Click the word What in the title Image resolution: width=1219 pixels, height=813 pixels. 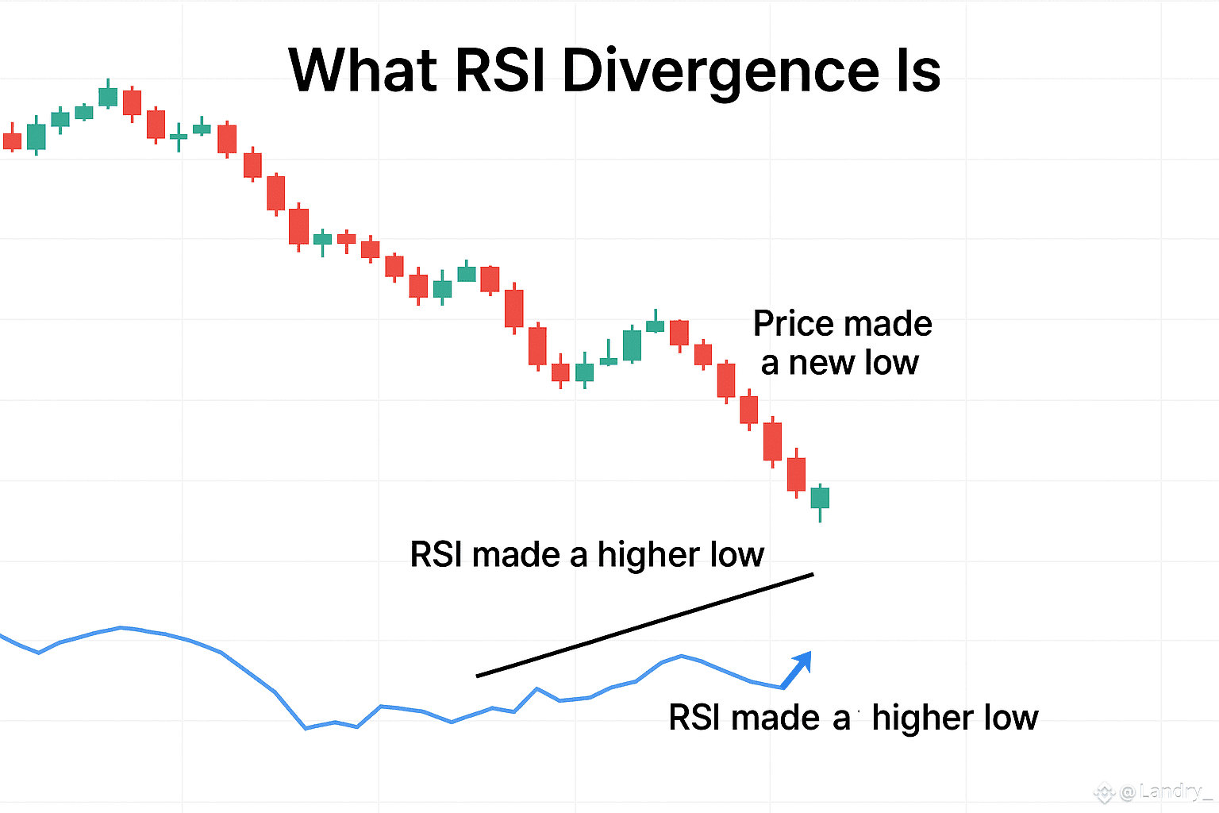[363, 70]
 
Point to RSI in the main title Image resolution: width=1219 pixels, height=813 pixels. [500, 70]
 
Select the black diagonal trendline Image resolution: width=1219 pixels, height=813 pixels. [645, 625]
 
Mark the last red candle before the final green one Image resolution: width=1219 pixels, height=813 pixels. [796, 474]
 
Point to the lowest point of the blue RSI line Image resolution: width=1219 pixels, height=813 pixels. [306, 728]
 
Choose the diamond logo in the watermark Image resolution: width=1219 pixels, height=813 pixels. [1105, 793]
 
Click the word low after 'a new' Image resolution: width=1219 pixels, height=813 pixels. [891, 362]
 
